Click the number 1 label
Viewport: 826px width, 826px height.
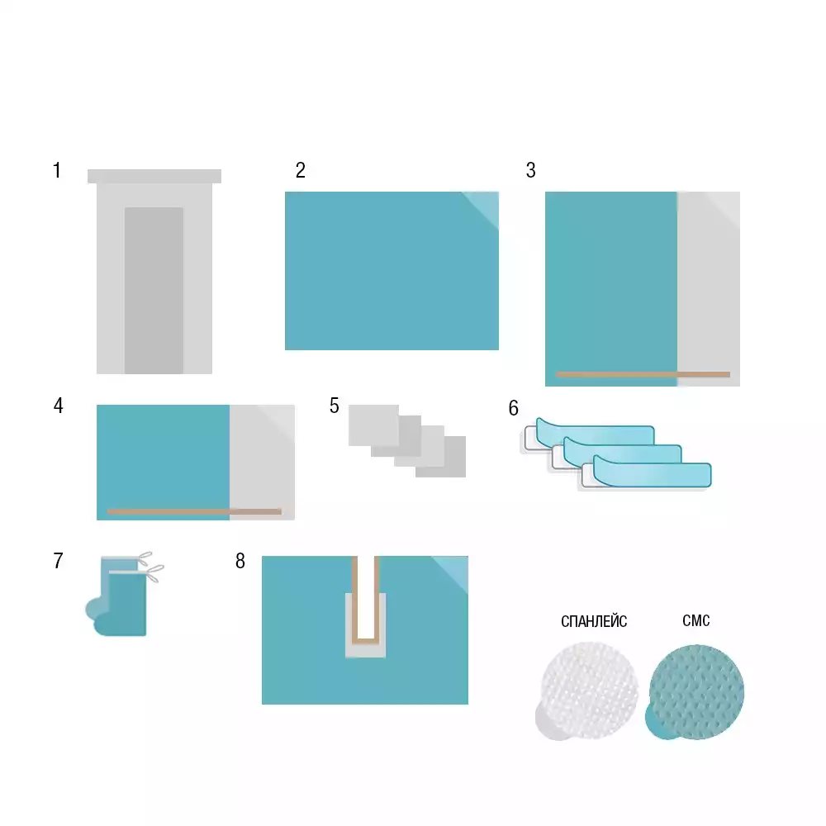[57, 170]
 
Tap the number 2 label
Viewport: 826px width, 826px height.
[301, 170]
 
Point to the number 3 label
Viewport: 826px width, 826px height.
[531, 170]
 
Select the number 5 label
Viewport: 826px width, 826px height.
[334, 406]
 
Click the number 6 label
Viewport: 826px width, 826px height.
[514, 408]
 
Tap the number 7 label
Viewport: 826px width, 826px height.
[58, 561]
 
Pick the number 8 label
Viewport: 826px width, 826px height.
[240, 561]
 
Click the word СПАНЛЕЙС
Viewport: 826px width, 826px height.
[594, 622]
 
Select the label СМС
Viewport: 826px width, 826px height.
[695, 620]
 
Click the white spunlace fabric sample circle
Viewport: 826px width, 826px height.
[590, 689]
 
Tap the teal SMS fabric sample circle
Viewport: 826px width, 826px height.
[696, 691]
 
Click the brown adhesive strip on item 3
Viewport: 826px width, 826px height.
[643, 374]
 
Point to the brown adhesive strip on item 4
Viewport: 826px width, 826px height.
[194, 511]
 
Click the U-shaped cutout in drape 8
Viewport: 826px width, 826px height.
[366, 640]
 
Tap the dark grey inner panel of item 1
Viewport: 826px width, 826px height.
[154, 290]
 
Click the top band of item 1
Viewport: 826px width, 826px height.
[154, 176]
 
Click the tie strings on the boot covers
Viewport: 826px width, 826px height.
[151, 567]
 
